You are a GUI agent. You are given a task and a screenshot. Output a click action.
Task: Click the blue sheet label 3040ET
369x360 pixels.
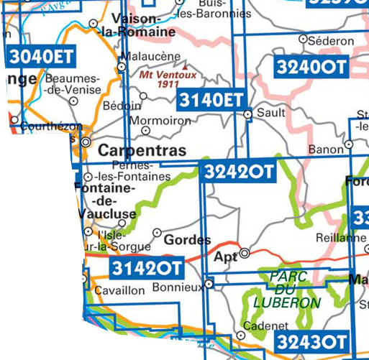[x=42, y=56]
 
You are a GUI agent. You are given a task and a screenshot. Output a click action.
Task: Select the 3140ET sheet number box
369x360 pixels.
[x=211, y=99]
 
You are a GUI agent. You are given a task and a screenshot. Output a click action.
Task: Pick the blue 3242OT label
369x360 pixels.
[x=239, y=172]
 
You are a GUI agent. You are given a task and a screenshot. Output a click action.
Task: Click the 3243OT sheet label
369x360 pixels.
[x=312, y=340]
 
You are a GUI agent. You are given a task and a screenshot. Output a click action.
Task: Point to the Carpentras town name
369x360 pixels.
[x=141, y=151]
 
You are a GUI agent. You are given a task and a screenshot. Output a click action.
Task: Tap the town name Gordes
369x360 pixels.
[x=188, y=240]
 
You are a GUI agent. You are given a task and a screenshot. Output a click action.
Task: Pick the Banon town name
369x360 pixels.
[x=325, y=149]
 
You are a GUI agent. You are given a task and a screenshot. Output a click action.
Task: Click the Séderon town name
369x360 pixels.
[x=329, y=42]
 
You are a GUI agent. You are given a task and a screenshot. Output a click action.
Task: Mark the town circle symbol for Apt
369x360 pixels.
[x=245, y=253]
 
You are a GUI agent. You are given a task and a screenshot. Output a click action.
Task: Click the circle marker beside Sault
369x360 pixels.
[x=248, y=114]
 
